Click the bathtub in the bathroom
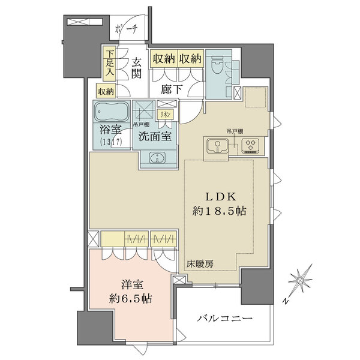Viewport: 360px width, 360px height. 111,112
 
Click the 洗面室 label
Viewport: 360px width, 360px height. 155,136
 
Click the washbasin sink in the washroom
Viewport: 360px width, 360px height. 158,158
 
